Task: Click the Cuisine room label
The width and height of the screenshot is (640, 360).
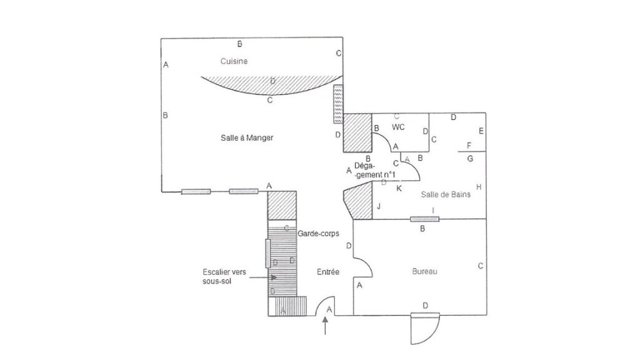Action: tap(234, 61)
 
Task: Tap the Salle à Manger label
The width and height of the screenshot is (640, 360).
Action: tap(247, 138)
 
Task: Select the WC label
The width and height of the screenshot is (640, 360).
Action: tap(398, 127)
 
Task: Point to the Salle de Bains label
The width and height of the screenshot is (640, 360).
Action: tap(446, 195)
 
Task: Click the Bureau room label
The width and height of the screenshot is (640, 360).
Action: tap(424, 271)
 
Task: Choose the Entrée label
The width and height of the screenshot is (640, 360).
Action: tap(328, 272)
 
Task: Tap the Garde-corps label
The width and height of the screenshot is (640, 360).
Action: tap(318, 234)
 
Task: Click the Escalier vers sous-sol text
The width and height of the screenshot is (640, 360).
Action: tap(224, 276)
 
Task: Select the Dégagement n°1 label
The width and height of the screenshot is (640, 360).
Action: tap(375, 170)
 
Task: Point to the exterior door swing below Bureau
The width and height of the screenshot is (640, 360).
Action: tap(425, 329)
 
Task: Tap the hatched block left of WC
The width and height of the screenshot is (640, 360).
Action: tap(357, 132)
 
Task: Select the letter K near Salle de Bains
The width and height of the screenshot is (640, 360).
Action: tap(399, 188)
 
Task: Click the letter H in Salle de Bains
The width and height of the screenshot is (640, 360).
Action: tap(479, 187)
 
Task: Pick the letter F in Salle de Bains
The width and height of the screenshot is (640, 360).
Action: tap(469, 145)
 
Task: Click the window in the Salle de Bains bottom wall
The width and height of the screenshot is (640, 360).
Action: tap(424, 219)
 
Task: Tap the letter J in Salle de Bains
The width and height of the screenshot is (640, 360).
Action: tap(379, 206)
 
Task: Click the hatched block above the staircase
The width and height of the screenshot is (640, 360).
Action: tap(282, 205)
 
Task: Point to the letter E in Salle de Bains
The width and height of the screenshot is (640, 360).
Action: tap(481, 131)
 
